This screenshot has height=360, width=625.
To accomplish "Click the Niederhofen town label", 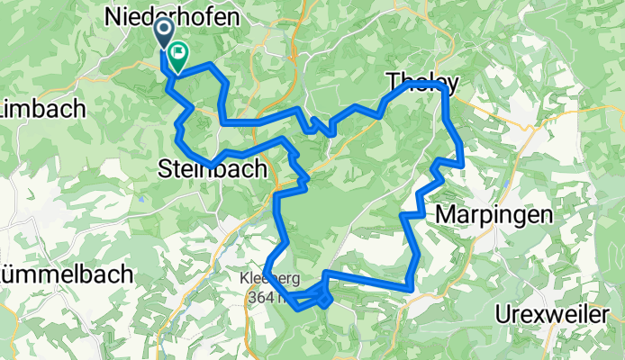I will pyautogui.click(x=172, y=16).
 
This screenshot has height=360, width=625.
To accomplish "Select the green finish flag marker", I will pyautogui.click(x=177, y=58).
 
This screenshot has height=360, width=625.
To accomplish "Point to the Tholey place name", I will pyautogui.click(x=422, y=83).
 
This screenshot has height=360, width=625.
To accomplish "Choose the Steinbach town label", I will pyautogui.click(x=213, y=167).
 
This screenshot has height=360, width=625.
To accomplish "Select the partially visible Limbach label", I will pyautogui.click(x=41, y=109).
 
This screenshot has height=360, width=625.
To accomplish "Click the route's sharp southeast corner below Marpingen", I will pyautogui.click(x=412, y=287).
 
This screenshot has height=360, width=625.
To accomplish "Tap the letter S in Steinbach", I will pyautogui.click(x=165, y=167).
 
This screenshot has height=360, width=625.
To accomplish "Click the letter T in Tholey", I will pyautogui.click(x=394, y=83).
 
